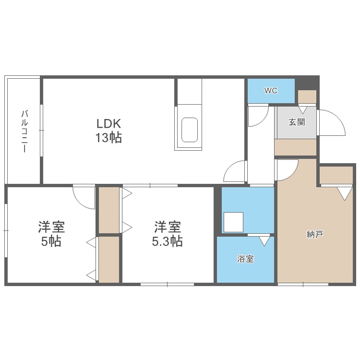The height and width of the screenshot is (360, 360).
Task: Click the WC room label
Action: (271, 91)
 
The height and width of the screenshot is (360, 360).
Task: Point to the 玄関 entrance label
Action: (297, 122)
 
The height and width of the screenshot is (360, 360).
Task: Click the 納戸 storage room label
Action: (315, 234)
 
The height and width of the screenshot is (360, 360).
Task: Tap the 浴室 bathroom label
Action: (245, 259)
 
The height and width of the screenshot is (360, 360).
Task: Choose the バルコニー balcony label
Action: (23, 131)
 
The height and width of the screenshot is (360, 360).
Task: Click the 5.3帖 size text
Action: (167, 241)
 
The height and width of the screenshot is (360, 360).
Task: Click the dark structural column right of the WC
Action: (306, 82)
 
